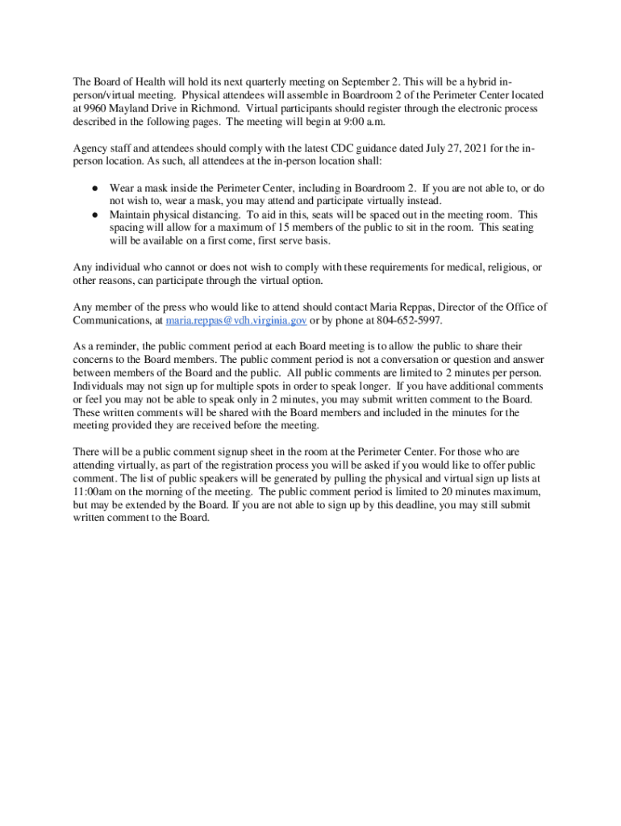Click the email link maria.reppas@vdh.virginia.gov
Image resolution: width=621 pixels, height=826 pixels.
(235, 320)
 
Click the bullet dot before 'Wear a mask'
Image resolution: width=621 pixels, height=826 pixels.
(94, 188)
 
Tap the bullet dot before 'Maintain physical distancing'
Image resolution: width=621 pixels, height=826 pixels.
(94, 215)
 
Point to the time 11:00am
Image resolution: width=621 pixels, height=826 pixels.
(94, 491)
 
